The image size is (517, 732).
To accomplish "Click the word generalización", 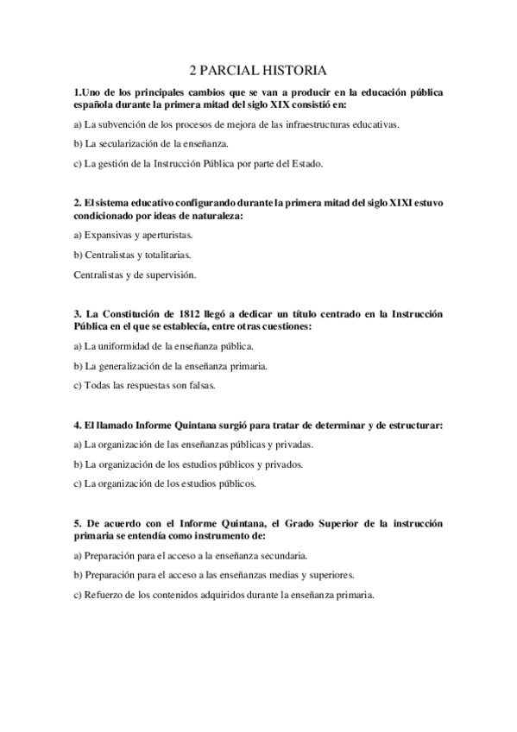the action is coord(132,365).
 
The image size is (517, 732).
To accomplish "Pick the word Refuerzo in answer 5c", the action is coord(104,595).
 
